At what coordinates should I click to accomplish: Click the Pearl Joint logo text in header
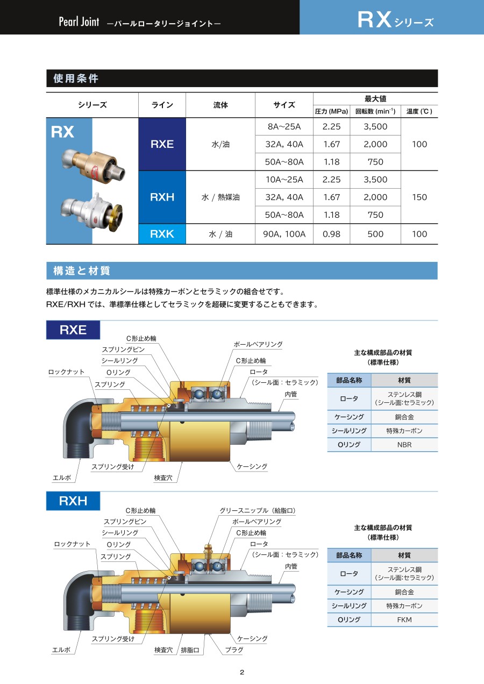79,23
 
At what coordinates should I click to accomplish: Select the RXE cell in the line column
162,144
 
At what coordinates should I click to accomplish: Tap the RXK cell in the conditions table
162,234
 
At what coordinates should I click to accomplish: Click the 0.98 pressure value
331,234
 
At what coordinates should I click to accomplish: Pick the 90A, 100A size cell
284,234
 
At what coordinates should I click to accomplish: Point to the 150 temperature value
419,197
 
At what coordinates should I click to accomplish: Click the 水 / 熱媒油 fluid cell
220,197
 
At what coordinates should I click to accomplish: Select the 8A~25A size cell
284,127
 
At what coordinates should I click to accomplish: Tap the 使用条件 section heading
76,79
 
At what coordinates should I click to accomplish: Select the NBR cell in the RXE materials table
404,445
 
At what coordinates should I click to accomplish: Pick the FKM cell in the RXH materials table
404,620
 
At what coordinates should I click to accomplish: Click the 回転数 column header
375,111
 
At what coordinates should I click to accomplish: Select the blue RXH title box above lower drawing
73,501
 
